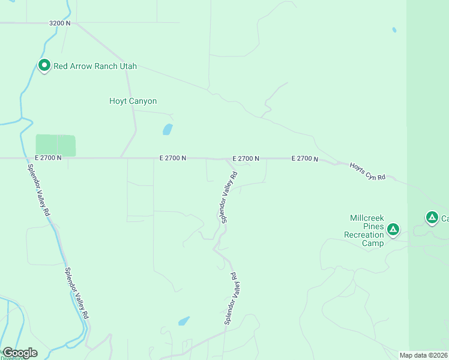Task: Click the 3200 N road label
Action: pos(60,23)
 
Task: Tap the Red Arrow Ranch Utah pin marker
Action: pos(44,65)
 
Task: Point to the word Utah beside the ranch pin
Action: pos(127,66)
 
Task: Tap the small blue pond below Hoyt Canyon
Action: pos(167,129)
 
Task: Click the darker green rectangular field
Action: pos(56,145)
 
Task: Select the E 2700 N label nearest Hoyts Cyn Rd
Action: pos(304,158)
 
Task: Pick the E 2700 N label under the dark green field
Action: pos(48,157)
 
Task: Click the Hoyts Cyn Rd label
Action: pos(367,170)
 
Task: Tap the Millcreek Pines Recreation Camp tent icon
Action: pos(393,229)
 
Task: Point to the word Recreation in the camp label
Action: pos(364,235)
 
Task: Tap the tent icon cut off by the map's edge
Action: pos(432,217)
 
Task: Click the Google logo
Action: pos(19,353)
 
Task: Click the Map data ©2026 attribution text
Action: pos(423,355)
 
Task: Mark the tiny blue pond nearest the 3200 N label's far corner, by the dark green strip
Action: pos(394,29)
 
